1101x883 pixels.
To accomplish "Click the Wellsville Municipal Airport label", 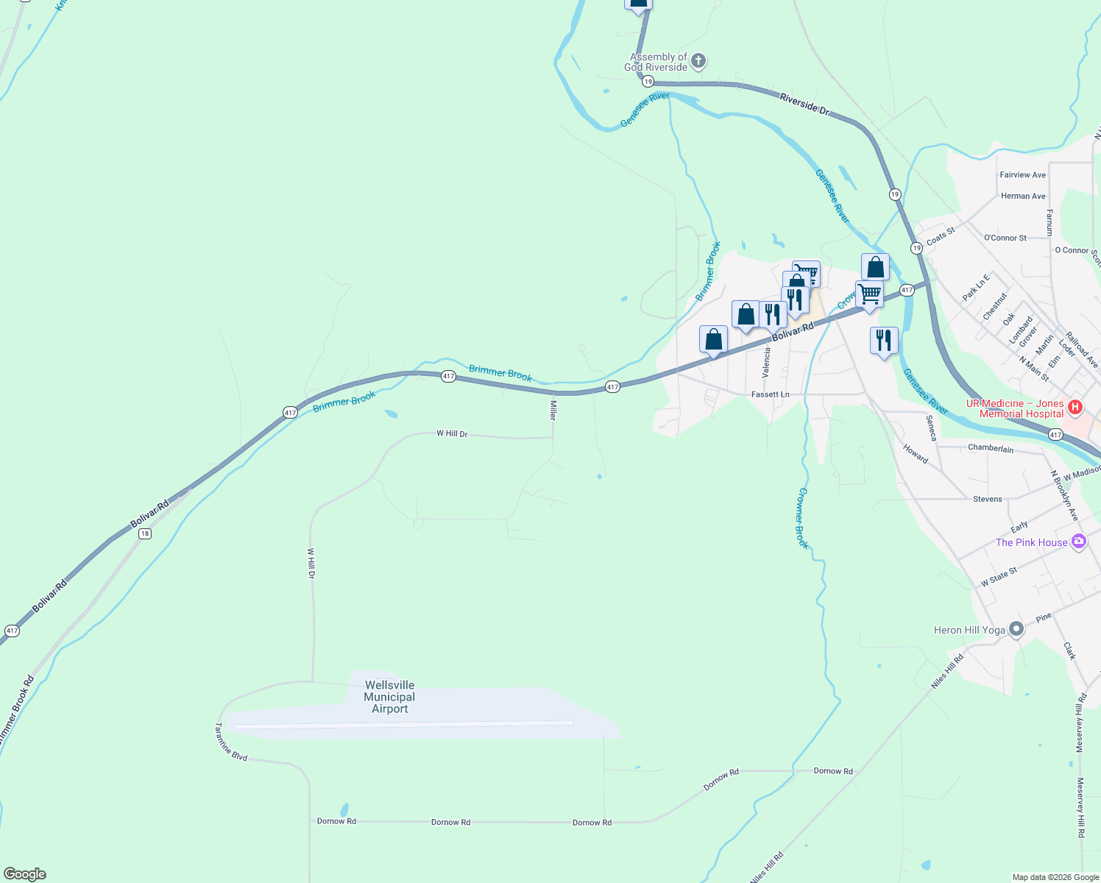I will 389,697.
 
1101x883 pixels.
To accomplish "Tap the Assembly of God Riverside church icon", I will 698,61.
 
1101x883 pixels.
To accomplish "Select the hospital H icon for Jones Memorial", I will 1075,407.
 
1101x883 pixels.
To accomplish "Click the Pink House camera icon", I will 1079,542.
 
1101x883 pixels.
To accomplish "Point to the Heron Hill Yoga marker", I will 1016,629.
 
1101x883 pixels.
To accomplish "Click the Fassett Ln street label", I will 770,394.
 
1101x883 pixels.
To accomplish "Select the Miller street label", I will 553,410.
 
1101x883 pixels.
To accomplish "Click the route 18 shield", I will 145,533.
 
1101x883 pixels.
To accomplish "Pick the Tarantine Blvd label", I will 230,742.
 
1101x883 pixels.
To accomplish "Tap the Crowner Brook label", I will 802,518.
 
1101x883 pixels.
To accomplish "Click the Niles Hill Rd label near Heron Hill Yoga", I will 946,672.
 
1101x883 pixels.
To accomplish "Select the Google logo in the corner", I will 25,874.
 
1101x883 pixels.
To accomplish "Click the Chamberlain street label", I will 991,448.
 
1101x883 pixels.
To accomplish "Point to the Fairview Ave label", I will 1022,175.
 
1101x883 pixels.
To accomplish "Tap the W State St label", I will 999,577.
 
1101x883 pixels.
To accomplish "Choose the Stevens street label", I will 987,499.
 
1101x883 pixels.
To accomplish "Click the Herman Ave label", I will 1023,196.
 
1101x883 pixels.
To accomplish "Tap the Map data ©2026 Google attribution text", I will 1055,876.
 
